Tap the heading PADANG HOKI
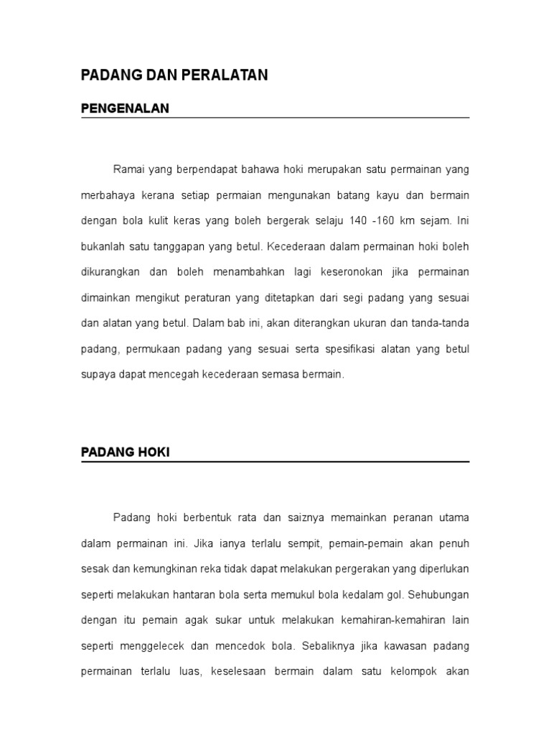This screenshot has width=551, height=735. click(x=125, y=453)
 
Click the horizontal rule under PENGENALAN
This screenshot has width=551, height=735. click(x=275, y=118)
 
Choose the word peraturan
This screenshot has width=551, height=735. click(x=249, y=297)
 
